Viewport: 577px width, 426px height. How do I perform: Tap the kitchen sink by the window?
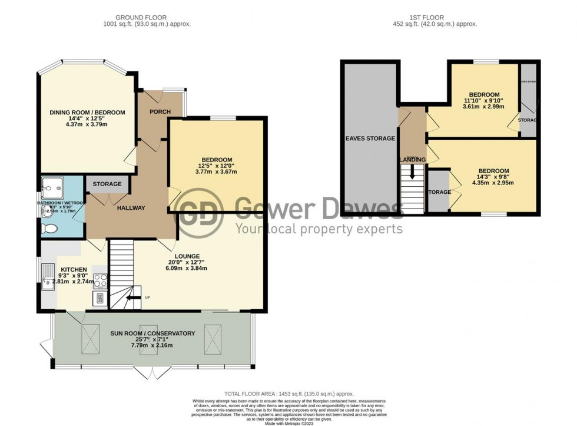[48, 280]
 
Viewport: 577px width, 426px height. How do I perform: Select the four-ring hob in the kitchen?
[100, 281]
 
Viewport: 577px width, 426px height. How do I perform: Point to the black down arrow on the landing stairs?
[412, 171]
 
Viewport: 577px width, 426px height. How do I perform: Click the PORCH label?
[160, 112]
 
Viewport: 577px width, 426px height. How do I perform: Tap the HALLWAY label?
[131, 207]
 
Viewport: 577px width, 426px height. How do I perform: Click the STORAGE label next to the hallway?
[107, 184]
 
